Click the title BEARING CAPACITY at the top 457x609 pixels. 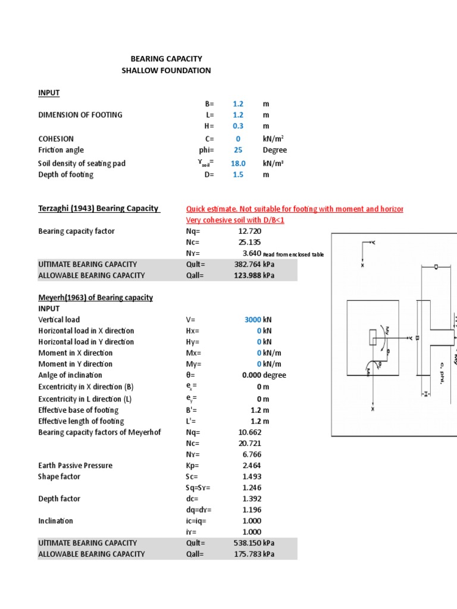(167, 59)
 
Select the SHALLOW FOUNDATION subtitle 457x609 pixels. (166, 70)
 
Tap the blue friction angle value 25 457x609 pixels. (238, 150)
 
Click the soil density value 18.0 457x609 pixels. (238, 163)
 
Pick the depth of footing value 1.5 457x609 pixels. (238, 174)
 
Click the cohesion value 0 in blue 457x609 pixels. (238, 138)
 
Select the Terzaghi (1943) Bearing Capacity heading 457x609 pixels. (99, 208)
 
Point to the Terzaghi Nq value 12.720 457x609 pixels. (249, 231)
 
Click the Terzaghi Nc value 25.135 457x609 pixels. (249, 242)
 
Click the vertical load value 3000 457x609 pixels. (253, 319)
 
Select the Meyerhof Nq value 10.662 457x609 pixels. (249, 432)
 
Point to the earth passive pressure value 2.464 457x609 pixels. (251, 466)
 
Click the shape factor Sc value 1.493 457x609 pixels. (251, 476)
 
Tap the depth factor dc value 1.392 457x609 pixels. (251, 498)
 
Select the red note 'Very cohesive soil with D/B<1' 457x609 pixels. (236, 220)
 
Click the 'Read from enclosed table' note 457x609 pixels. (293, 255)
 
